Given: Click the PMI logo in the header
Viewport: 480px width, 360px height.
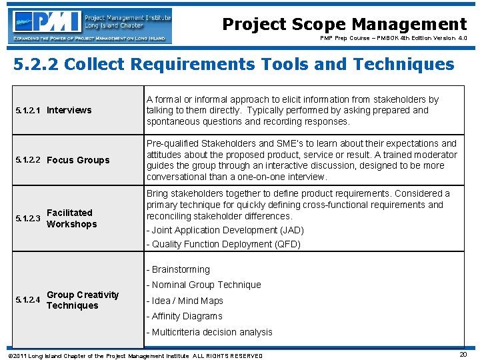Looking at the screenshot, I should pos(89,25).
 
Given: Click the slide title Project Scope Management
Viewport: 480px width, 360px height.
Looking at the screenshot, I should pos(344,25).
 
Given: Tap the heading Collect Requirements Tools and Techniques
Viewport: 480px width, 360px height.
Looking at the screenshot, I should pos(234,65).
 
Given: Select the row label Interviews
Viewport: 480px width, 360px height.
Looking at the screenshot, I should pos(69,110).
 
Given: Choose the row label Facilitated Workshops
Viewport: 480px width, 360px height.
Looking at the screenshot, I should pos(71,219).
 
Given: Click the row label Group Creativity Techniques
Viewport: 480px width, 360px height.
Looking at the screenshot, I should pos(83,300).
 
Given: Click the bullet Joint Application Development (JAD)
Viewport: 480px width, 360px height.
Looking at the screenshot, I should pos(225,230).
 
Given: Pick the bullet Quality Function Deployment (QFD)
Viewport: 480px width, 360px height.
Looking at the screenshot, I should pos(223,244).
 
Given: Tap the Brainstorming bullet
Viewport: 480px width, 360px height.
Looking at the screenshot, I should pos(178,269).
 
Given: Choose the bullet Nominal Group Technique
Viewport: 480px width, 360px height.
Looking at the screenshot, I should pos(204,285).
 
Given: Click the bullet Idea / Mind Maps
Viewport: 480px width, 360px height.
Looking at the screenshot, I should pos(185,301).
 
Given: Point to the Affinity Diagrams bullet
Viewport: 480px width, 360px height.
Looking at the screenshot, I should pos(185,316).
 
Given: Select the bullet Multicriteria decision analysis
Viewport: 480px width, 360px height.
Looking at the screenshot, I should pos(209,332).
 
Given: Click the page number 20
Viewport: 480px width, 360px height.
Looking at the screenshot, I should pos(463,354).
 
